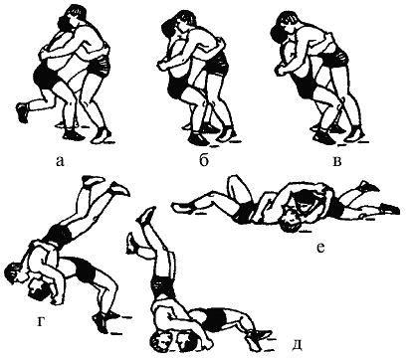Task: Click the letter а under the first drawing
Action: [60, 161]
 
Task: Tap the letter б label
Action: [204, 159]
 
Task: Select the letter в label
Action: [337, 161]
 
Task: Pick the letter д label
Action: [297, 345]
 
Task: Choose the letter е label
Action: [320, 248]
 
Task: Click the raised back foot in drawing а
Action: [22, 112]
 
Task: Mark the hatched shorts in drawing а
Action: [100, 66]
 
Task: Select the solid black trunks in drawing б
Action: [176, 87]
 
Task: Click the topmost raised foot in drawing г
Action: [94, 181]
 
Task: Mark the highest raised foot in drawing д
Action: [146, 215]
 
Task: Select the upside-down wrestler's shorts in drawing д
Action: [163, 285]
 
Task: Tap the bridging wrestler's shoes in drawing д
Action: [257, 335]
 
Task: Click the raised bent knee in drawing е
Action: [236, 182]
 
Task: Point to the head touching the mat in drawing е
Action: [290, 223]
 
